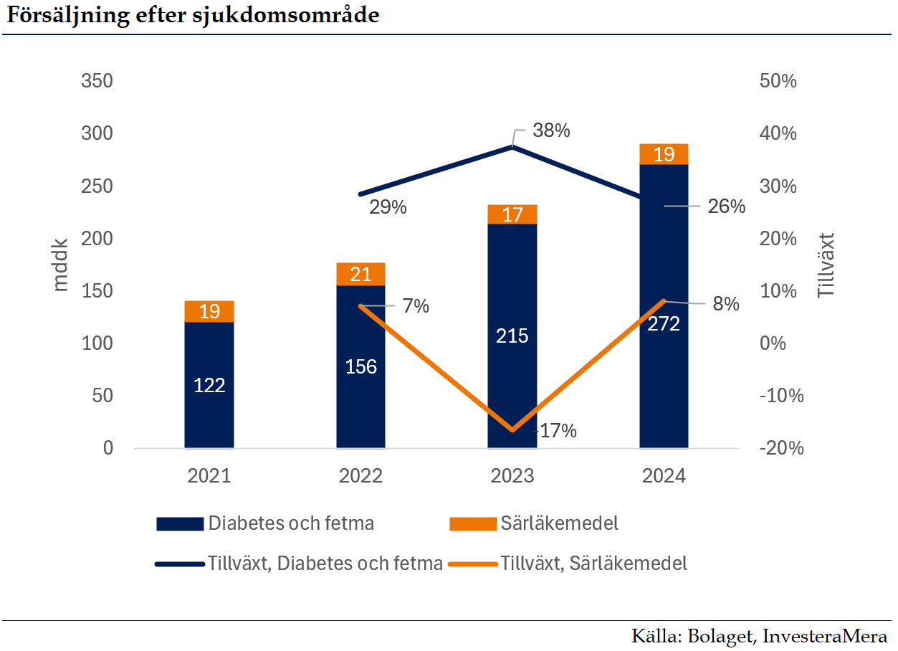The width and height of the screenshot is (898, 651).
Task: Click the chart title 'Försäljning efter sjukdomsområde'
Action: tap(192, 16)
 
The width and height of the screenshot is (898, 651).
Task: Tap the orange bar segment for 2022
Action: tap(360, 274)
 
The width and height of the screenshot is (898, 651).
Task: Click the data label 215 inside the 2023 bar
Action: tap(512, 336)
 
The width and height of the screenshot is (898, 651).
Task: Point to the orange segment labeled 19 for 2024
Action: tap(664, 154)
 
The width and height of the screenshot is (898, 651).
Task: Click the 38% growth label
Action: tap(551, 131)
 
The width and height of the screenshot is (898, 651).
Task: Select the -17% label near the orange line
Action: tap(556, 431)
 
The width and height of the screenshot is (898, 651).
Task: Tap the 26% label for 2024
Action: tap(726, 206)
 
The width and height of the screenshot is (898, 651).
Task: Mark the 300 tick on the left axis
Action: tap(97, 133)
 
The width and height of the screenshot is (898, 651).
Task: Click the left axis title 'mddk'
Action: tap(61, 264)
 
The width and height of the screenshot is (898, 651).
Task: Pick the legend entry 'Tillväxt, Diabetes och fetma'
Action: tap(325, 564)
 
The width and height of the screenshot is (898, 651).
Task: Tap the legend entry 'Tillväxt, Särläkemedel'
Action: tap(594, 564)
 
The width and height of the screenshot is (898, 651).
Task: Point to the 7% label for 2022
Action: tap(416, 306)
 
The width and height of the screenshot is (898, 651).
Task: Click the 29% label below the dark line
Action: tap(388, 208)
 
